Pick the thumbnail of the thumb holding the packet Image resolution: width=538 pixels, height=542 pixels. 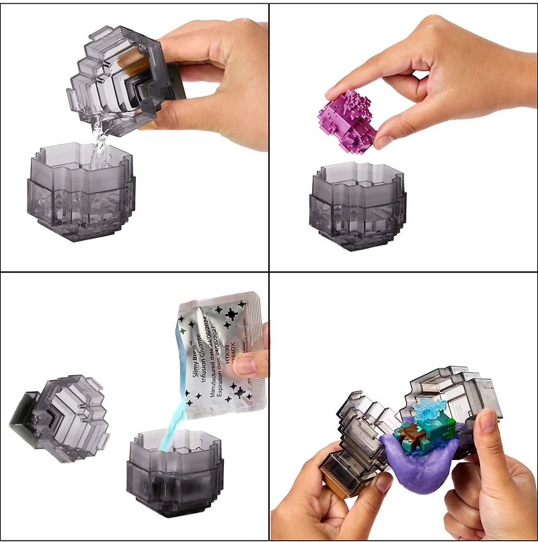tap(245, 366)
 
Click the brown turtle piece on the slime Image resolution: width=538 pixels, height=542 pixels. tap(410, 440)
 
